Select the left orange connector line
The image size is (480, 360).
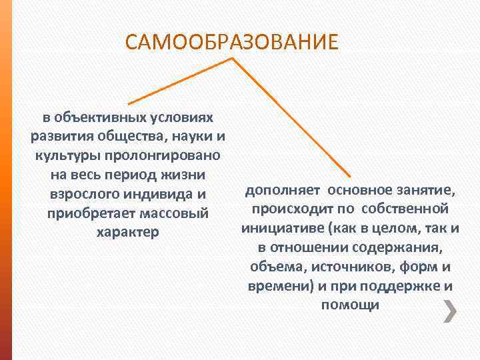click(x=180, y=81)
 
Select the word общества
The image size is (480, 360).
click(x=121, y=137)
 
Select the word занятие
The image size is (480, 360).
click(x=423, y=191)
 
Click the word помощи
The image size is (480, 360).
click(x=350, y=306)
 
